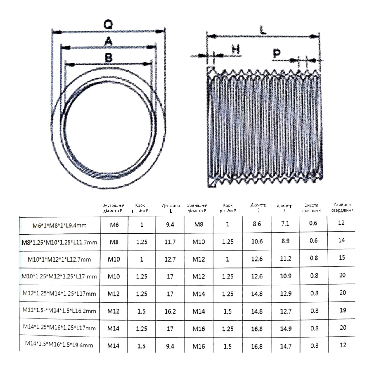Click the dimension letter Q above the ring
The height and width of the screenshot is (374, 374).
(x=108, y=25)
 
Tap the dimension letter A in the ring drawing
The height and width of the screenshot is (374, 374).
(x=109, y=41)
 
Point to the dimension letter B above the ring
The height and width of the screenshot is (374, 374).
(x=109, y=58)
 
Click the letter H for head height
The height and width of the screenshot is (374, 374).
(x=236, y=49)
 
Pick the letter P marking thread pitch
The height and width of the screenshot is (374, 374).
(x=277, y=53)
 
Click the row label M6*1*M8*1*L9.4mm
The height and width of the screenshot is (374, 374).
(x=59, y=226)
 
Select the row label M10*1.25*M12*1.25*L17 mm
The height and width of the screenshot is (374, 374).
(x=59, y=276)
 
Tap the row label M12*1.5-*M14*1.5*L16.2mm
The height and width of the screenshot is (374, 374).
(x=59, y=311)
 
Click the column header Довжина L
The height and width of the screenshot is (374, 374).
(x=171, y=208)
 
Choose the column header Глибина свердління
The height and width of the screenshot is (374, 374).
(x=342, y=207)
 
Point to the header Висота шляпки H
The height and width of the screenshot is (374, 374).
(x=311, y=208)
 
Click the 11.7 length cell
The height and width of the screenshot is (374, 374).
(x=170, y=242)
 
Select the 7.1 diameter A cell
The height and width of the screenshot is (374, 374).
(x=285, y=224)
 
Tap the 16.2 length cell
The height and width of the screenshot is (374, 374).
(x=170, y=311)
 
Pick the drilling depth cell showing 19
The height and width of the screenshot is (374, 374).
(x=343, y=310)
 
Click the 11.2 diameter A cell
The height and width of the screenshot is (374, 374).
(x=286, y=259)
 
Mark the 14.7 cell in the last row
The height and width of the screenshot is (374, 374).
(x=286, y=346)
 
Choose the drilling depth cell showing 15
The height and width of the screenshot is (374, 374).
(x=342, y=257)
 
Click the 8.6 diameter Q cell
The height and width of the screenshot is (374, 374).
(x=257, y=224)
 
